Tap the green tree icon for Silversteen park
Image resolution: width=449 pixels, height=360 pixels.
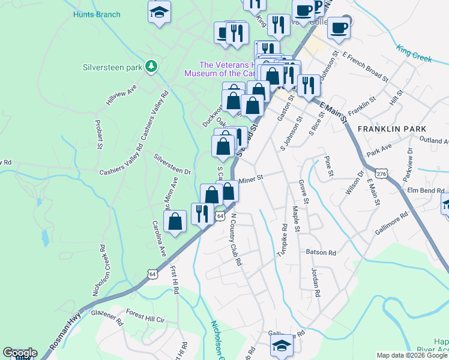[x=152, y=66]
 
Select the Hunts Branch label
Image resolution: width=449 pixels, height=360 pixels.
[x=96, y=14]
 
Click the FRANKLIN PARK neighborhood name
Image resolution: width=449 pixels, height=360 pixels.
[x=391, y=129]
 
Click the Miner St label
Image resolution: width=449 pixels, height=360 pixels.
[x=251, y=178]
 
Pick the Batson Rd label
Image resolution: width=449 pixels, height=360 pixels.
[x=321, y=253]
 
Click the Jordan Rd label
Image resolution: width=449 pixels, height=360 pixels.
[x=314, y=283]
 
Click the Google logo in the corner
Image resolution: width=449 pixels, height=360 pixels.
[x=20, y=353]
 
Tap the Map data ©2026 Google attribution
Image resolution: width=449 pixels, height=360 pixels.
[x=411, y=355]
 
